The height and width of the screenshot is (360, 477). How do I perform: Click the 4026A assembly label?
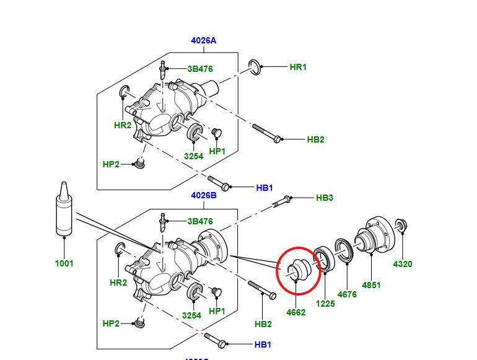click(203, 41)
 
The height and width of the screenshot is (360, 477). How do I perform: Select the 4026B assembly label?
click(203, 195)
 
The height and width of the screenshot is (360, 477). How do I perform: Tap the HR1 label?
click(298, 67)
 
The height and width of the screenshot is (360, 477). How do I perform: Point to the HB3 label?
click(325, 198)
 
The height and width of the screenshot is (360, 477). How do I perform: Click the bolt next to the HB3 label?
click(281, 201)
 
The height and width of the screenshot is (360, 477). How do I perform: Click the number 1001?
click(64, 263)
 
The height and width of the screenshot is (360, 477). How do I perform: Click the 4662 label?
click(296, 313)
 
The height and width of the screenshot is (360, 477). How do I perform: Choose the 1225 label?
click(325, 304)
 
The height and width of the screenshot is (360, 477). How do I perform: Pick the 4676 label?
click(347, 295)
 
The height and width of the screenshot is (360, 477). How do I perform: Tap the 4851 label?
click(371, 286)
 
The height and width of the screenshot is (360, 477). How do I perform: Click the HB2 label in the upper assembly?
click(315, 140)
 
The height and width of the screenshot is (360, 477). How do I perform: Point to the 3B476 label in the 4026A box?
click(199, 69)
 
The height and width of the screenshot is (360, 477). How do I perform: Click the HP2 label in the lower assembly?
click(111, 323)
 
